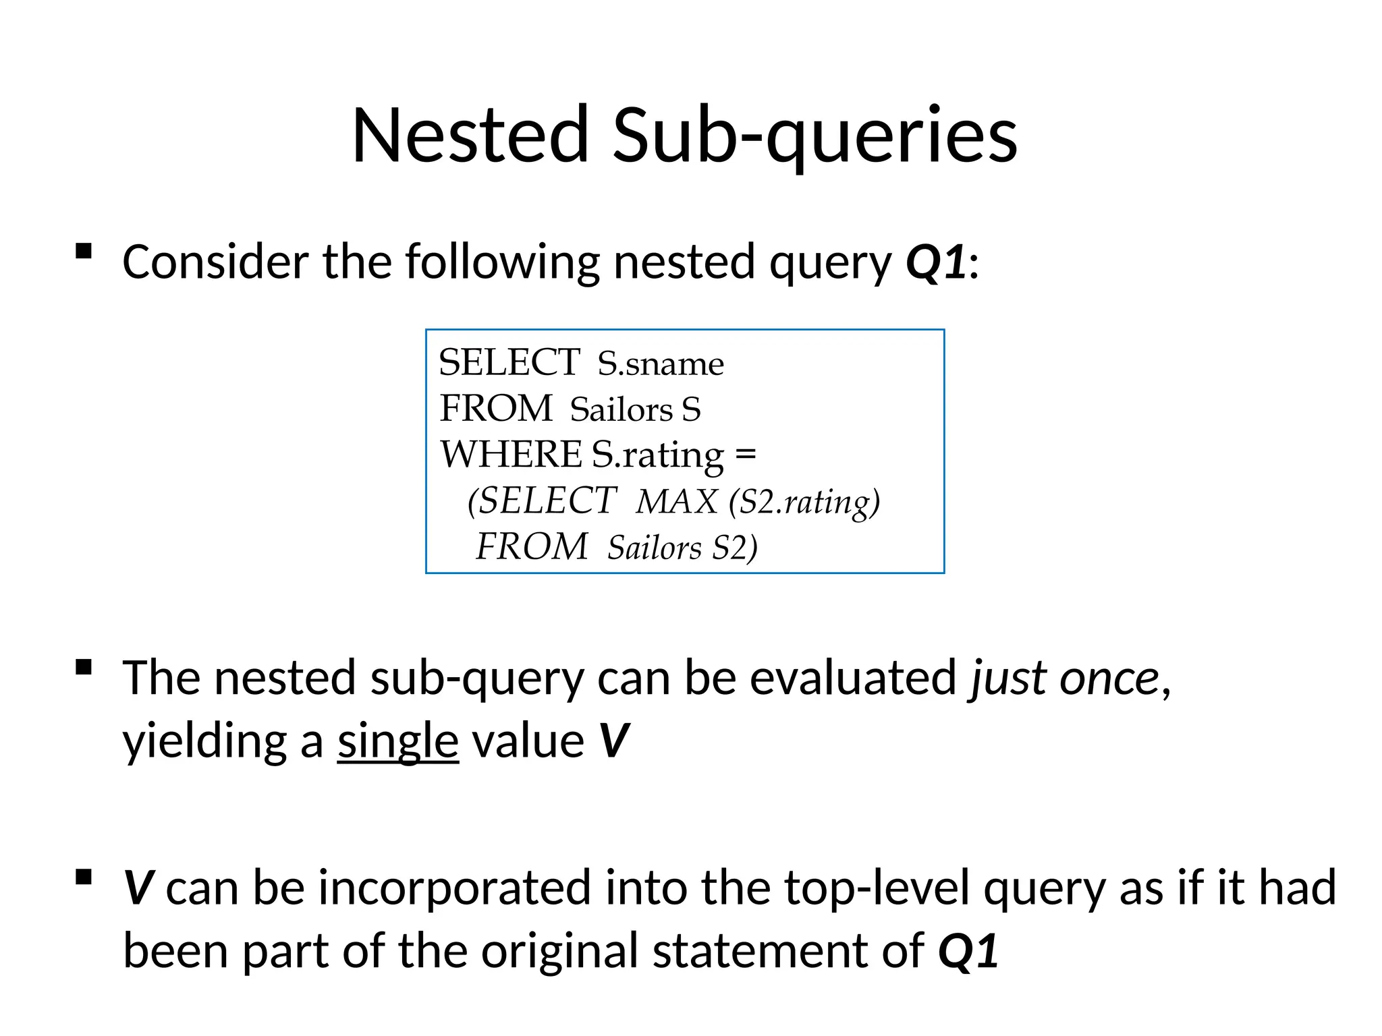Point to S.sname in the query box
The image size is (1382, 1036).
661,364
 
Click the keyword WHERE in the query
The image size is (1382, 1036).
511,455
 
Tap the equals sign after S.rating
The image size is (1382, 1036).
746,455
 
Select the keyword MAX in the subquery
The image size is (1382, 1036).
676,502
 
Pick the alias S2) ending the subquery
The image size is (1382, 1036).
735,548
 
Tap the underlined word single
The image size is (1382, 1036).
398,741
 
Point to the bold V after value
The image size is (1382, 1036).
614,741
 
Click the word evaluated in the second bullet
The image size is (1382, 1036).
853,678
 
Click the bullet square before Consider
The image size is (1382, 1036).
84,252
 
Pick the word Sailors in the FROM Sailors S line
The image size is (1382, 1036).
621,410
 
